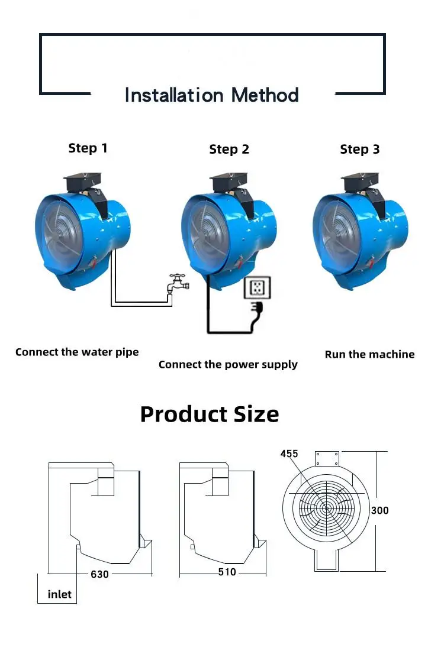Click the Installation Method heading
[211, 95]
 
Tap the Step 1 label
[88, 148]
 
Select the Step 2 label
[229, 150]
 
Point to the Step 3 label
[359, 150]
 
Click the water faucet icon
[178, 284]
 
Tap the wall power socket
[258, 287]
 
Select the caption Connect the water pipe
[77, 352]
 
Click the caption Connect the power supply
[228, 365]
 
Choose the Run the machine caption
[369, 355]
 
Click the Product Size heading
[210, 414]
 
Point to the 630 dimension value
[100, 574]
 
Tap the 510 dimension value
[227, 572]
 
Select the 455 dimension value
[289, 454]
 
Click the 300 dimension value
[379, 510]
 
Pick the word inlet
[59, 595]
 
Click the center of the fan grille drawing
[326, 509]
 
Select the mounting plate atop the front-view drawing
[327, 459]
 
